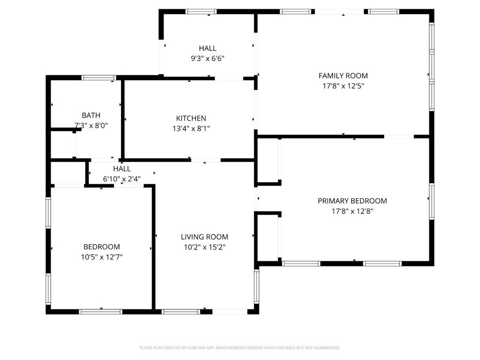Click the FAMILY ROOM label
[x=343, y=75]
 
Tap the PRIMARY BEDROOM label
[x=352, y=201]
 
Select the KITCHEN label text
[x=191, y=119]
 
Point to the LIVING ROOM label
[x=204, y=237]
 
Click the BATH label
[x=91, y=115]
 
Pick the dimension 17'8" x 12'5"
[x=343, y=86]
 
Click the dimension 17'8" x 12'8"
[x=352, y=211]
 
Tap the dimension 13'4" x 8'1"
[x=191, y=128]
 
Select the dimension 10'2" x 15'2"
[x=204, y=247]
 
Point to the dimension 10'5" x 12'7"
[x=102, y=257]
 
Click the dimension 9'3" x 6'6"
[x=208, y=59]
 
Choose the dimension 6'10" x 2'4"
[x=121, y=179]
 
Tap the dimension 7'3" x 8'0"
[x=91, y=126]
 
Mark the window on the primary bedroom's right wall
[x=432, y=202]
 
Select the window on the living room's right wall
[x=256, y=286]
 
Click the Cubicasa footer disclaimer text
[x=240, y=348]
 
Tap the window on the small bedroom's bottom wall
[x=100, y=311]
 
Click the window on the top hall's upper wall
[x=201, y=11]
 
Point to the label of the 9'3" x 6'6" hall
[x=208, y=48]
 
